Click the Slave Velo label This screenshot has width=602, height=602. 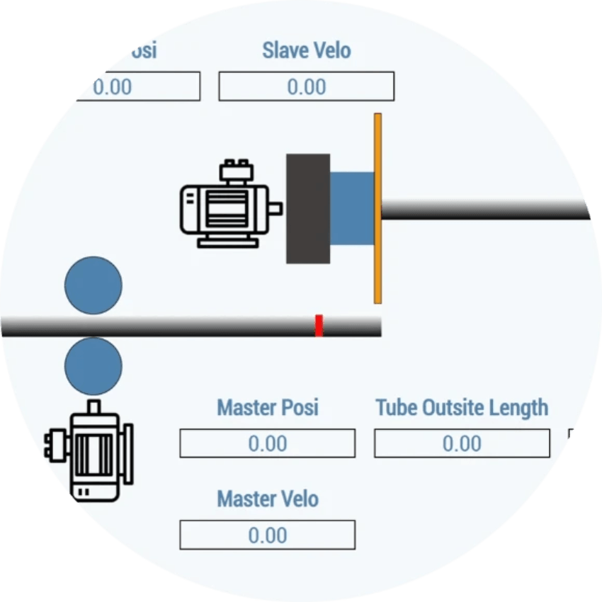[306, 51]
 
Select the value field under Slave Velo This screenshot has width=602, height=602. [306, 86]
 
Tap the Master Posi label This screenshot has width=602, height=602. [267, 408]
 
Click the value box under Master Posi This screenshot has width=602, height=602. [267, 444]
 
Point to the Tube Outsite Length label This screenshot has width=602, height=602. [462, 408]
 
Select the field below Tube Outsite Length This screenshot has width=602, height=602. [462, 444]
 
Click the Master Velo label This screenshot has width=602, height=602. [267, 499]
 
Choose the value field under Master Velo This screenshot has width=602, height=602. [267, 535]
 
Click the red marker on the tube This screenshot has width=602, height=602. [319, 326]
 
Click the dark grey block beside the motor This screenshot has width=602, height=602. [307, 208]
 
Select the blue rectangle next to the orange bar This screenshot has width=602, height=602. [352, 208]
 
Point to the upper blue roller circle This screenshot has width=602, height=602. [93, 285]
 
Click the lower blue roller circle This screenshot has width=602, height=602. [93, 366]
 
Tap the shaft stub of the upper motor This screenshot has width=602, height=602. [276, 208]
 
